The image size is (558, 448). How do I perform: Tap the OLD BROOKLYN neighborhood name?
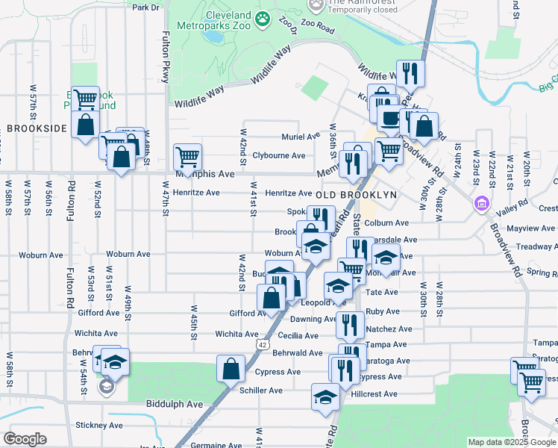click(355, 195)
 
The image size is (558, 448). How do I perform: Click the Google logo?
click(25, 439)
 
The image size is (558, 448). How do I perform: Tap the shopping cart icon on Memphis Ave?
click(186, 158)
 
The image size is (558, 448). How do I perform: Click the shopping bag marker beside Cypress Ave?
click(231, 368)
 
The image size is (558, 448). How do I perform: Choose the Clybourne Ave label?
click(278, 155)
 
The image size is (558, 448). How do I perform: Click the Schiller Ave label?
click(261, 391)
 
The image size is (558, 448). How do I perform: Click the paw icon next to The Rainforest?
click(316, 4)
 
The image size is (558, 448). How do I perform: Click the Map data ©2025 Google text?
click(510, 442)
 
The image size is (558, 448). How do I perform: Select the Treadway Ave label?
click(537, 246)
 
